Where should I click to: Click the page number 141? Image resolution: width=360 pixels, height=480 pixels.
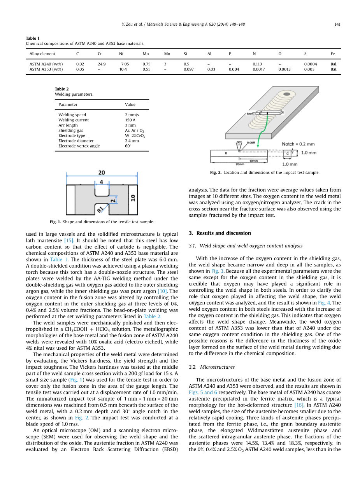337,25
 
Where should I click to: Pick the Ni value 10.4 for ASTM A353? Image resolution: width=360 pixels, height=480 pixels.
123,69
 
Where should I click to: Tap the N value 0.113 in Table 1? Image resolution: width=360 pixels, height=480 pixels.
257,64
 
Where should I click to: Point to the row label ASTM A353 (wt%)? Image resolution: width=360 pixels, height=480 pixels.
46,69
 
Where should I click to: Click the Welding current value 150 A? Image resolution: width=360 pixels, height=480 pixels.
130,120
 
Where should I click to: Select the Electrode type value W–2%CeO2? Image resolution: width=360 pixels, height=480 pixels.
135,136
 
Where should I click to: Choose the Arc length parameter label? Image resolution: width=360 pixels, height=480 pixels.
68,125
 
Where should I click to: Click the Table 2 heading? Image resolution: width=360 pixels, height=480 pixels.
61,89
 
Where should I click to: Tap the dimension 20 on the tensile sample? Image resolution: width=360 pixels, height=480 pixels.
101,173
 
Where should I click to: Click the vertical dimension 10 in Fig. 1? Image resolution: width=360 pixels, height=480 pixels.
132,198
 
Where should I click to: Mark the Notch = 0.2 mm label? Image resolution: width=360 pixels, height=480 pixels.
299,144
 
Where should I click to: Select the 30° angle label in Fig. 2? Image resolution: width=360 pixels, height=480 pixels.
239,143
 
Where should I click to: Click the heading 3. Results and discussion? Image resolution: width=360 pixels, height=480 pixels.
220,233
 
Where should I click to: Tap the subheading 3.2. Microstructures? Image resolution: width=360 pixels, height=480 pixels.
212,367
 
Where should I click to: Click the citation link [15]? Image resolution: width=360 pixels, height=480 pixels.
69,241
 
